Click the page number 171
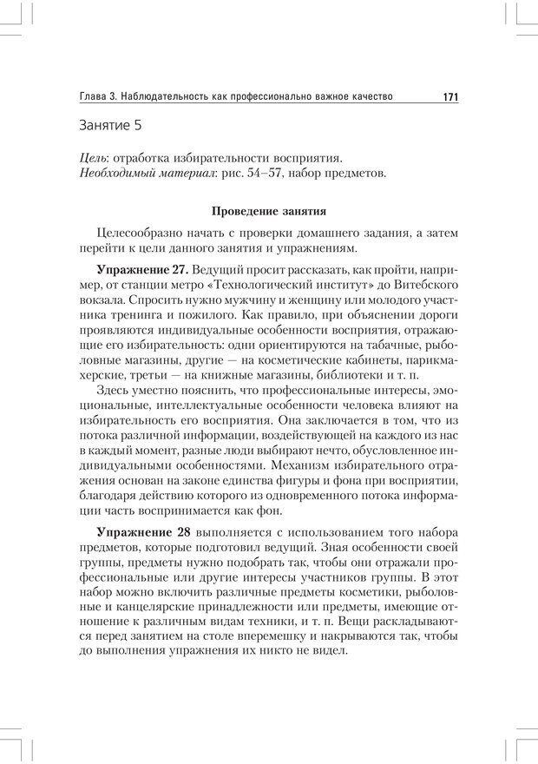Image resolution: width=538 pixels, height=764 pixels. click(449, 97)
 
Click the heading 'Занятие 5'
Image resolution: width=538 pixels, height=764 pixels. click(110, 127)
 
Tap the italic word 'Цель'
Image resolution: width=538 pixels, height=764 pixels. click(95, 158)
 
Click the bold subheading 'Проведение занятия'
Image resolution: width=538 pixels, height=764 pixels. click(269, 210)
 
